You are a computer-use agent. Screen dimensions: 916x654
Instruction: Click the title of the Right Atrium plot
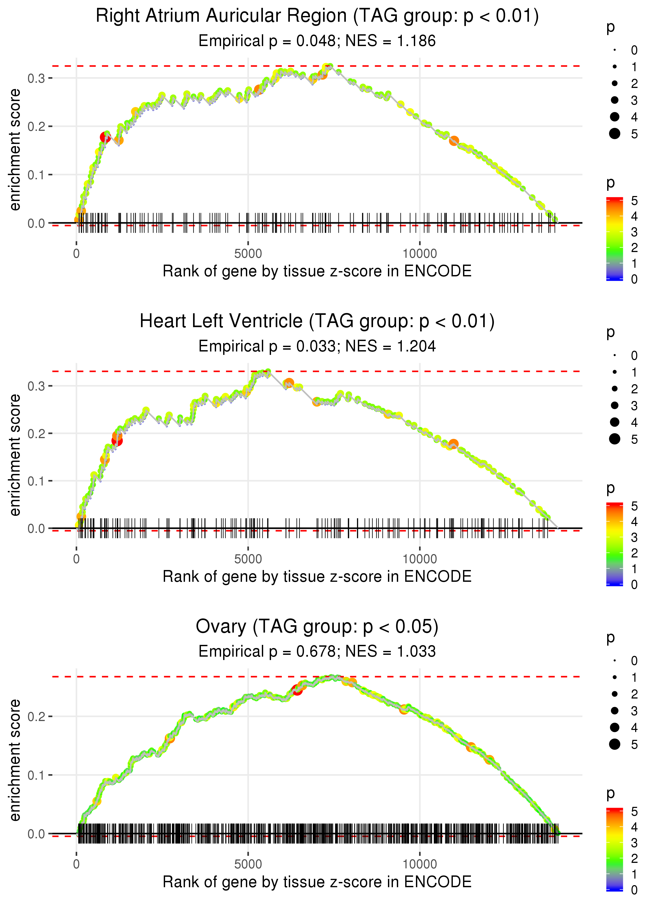(x=317, y=16)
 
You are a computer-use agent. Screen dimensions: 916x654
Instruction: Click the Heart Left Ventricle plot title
(x=317, y=321)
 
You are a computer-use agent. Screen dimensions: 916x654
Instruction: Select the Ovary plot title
(x=317, y=627)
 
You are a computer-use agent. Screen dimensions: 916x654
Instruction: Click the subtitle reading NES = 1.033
(x=317, y=651)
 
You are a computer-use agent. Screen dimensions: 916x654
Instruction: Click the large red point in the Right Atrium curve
(x=105, y=138)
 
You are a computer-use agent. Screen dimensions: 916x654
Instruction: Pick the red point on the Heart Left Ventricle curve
(x=117, y=441)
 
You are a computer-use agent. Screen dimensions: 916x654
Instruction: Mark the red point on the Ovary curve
(x=297, y=690)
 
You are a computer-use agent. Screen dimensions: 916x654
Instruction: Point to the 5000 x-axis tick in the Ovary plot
(x=248, y=864)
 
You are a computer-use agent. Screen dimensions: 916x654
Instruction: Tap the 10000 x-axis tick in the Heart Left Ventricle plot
(x=420, y=559)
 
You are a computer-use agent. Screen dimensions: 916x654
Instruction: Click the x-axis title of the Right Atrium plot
(x=317, y=271)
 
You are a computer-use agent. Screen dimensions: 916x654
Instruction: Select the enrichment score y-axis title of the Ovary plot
(x=15, y=761)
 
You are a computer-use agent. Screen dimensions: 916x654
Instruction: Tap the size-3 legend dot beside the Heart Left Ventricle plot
(x=614, y=405)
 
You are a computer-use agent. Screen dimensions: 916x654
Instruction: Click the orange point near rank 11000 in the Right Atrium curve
(x=454, y=141)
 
